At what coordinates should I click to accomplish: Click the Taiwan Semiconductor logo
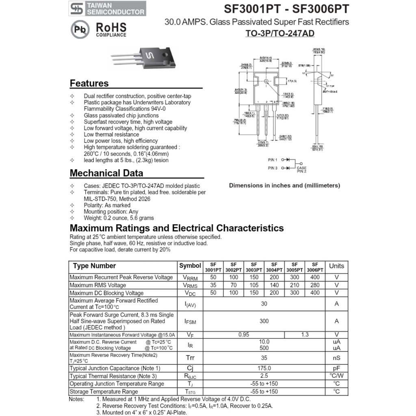coord(107,9)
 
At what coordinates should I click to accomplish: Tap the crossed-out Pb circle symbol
coord(80,30)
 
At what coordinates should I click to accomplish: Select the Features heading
coord(89,83)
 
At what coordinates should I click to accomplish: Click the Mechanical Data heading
coord(106,173)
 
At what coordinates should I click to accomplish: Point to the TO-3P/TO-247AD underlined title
coord(280,33)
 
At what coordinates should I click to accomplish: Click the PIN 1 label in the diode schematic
coord(273,160)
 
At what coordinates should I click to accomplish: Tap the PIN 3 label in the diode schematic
coord(273,168)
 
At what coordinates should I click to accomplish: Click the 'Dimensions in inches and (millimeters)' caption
coord(284,186)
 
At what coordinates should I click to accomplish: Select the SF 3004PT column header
coord(274,267)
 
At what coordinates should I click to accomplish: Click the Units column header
coord(336,266)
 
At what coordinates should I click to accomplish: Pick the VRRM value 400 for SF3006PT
coord(315,277)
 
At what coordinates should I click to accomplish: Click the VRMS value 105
coord(254,285)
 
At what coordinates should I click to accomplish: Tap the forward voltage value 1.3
coord(305,335)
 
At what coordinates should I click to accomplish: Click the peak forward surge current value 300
coord(264,321)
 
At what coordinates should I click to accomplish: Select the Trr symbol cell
coord(190,358)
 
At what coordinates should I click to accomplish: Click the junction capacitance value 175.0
coord(264,368)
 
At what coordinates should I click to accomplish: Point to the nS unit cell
coord(336,358)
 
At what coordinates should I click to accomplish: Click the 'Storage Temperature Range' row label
coord(104,392)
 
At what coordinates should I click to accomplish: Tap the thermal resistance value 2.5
coord(264,376)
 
